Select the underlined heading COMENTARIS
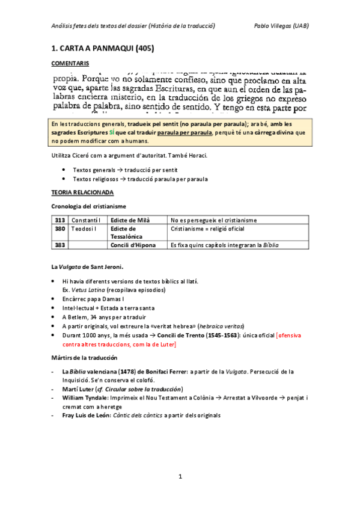pyautogui.click(x=70, y=62)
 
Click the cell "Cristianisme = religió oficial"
pyautogui.click(x=207, y=229)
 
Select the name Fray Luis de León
pyautogui.click(x=86, y=414)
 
